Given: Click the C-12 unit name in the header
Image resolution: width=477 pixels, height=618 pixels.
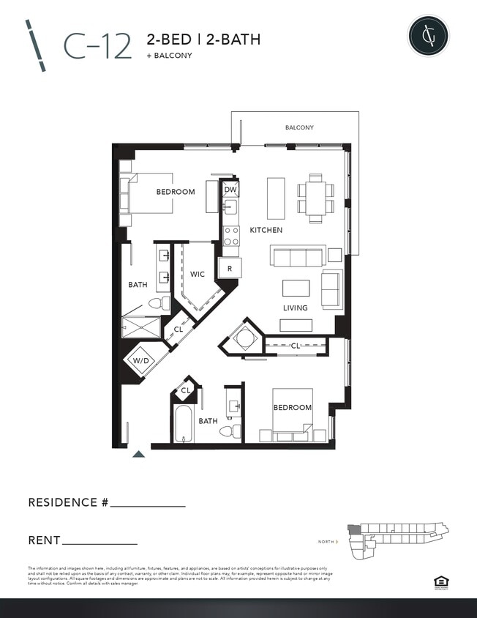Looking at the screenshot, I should click(97, 45).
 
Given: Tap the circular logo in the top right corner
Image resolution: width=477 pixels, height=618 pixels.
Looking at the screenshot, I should click(428, 36).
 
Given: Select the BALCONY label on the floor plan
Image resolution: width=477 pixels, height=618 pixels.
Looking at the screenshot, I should click(299, 127).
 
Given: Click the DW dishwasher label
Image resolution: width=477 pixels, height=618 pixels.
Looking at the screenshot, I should click(230, 190).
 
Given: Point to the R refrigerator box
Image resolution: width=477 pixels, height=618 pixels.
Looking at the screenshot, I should click(230, 269).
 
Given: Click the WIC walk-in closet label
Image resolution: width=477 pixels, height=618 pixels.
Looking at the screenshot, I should click(197, 274).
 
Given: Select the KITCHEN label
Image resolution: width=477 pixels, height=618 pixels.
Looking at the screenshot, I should click(266, 230).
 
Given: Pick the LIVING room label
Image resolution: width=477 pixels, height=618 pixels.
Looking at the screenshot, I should click(296, 308).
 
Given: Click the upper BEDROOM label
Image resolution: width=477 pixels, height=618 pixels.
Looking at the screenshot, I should click(176, 192).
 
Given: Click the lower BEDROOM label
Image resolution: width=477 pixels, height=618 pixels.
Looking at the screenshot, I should click(293, 407).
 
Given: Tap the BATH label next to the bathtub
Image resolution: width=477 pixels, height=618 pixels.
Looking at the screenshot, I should click(209, 421).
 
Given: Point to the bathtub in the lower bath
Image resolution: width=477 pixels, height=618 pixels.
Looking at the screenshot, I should click(183, 425).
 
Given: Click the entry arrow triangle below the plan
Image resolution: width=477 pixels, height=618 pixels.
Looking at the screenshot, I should click(138, 454).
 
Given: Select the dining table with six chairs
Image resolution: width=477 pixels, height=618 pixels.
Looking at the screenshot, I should click(315, 198).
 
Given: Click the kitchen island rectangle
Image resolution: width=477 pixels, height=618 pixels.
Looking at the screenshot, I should click(276, 198).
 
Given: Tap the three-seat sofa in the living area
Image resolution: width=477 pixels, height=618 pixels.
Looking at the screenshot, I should click(297, 256).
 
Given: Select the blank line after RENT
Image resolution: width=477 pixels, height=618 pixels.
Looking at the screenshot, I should click(100, 543).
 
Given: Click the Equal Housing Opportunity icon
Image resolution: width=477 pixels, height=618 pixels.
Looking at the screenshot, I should click(440, 583).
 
